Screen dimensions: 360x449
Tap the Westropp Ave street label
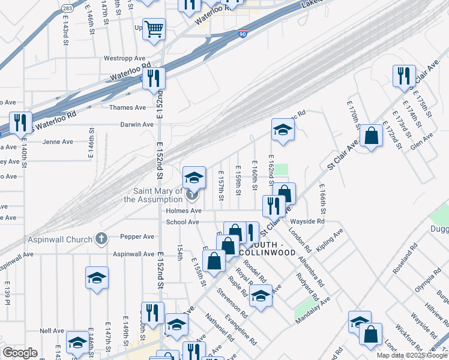[125, 58]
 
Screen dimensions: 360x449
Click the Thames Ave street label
[127, 107]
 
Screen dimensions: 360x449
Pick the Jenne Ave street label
[58, 142]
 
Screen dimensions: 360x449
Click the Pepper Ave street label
[137, 236]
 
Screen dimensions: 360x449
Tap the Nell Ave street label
[52, 331]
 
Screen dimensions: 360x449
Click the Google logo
[20, 353]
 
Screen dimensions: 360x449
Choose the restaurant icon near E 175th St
[401, 76]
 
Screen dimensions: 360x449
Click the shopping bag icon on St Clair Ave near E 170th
[372, 135]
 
